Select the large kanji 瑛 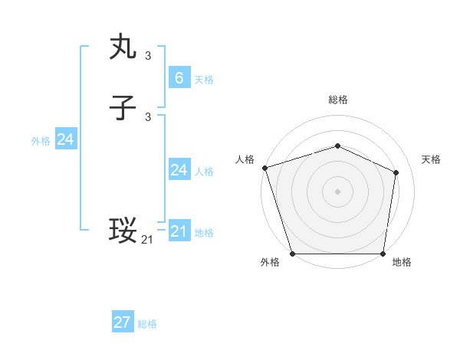pos(123,231)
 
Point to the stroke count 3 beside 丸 pos(148,55)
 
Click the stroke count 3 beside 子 pos(148,116)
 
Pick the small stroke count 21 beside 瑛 pos(147,240)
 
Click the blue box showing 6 pos(179,77)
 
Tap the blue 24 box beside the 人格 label pos(179,169)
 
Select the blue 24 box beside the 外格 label pos(66,139)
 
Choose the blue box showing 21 pos(179,231)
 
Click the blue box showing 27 pos(122,322)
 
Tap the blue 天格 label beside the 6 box pos(204,80)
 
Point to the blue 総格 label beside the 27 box pos(147,325)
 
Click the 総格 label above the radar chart pos(337,100)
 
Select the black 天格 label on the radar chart pos(431,159)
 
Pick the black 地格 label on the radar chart pos(402,263)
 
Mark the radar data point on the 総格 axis pos(337,146)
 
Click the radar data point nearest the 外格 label pos(292,254)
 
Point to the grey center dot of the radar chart pos(337,191)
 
